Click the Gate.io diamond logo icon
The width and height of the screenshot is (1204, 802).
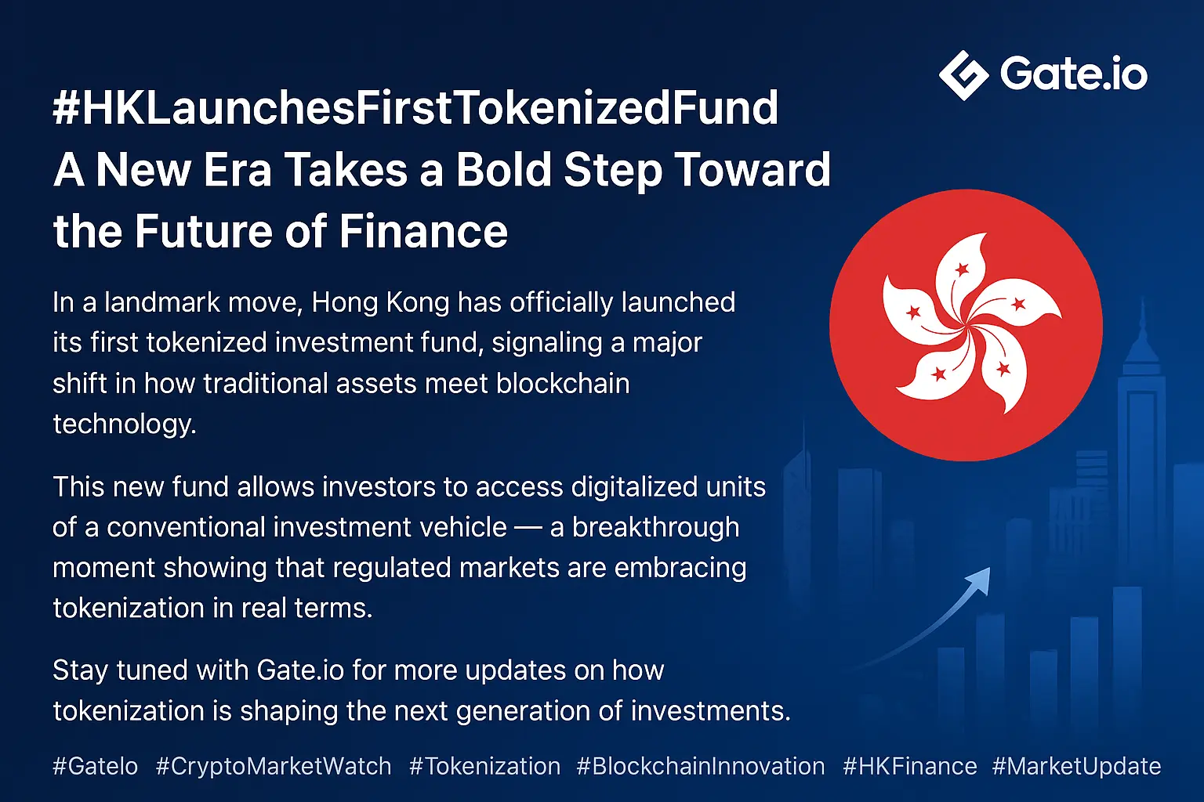click(x=963, y=75)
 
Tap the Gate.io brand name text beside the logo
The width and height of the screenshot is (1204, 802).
click(x=1073, y=74)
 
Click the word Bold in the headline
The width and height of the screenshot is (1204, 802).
click(x=504, y=169)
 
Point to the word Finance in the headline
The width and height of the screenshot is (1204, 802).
click(x=423, y=231)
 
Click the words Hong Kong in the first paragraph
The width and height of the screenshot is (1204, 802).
click(x=380, y=303)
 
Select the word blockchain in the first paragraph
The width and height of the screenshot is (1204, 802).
click(x=562, y=384)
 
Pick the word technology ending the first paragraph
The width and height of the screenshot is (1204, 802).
click(x=125, y=425)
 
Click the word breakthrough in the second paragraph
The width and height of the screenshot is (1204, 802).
click(x=655, y=527)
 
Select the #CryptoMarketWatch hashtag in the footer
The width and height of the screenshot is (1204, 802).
click(x=274, y=766)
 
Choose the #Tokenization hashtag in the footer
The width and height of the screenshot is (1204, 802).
click(x=484, y=766)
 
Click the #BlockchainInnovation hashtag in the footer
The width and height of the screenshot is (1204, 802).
click(x=700, y=766)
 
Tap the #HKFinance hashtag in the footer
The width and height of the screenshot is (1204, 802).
click(x=909, y=766)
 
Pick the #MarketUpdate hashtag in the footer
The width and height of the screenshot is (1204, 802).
click(x=1076, y=766)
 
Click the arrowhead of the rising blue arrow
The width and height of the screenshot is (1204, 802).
click(x=979, y=580)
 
